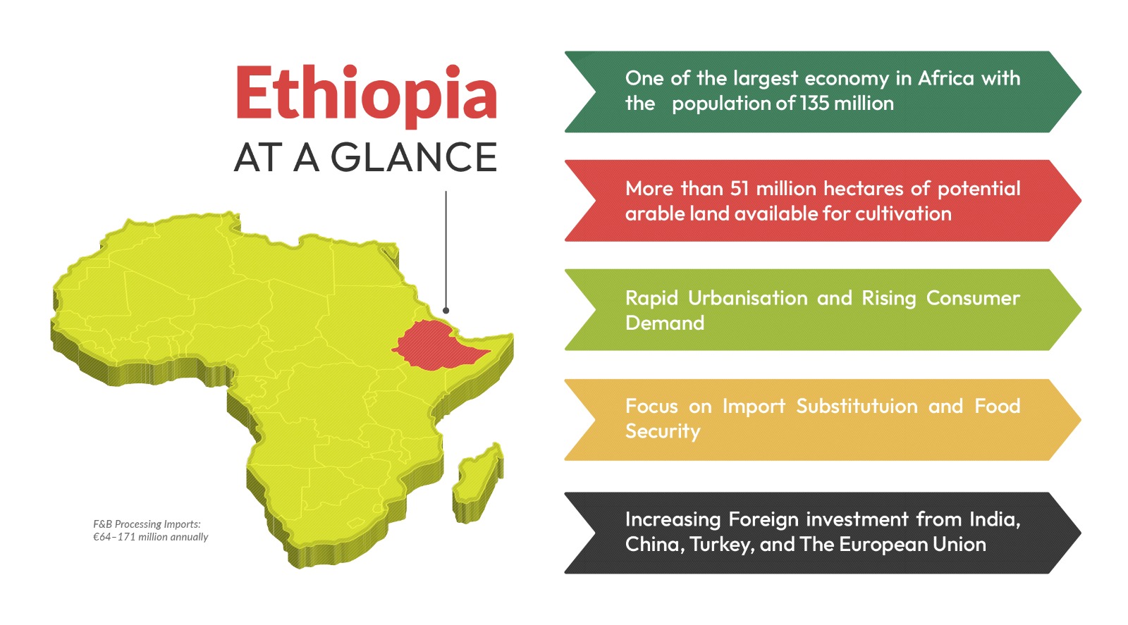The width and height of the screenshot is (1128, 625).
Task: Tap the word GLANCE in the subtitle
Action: tap(413, 157)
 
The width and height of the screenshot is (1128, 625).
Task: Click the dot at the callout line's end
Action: tap(446, 311)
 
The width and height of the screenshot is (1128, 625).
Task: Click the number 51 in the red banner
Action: tap(740, 189)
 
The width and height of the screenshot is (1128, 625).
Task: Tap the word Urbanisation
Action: tap(748, 298)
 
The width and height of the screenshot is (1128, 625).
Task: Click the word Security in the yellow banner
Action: tap(663, 432)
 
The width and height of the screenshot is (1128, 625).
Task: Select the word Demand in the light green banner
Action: tap(665, 323)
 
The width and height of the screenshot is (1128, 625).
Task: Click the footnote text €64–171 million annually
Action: tap(151, 537)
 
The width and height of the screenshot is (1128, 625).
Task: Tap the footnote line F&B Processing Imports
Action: tap(147, 524)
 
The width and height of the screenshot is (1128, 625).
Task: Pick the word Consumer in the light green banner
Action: tap(973, 298)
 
